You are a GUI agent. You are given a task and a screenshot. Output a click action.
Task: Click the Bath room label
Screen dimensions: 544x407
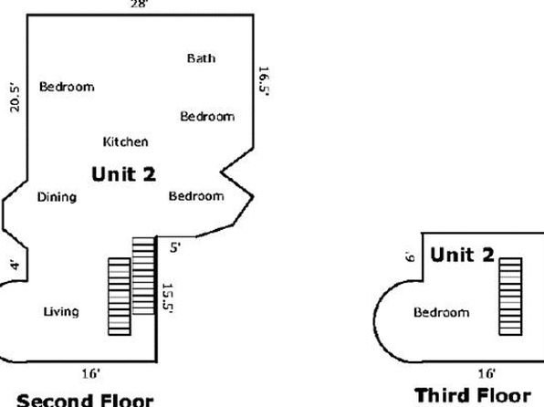tap(201, 57)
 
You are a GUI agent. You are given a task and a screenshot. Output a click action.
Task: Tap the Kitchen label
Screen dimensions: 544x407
tap(126, 141)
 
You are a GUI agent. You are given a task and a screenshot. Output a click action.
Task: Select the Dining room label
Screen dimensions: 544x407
tap(57, 197)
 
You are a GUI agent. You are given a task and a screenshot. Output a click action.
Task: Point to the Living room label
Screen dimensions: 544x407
tap(61, 311)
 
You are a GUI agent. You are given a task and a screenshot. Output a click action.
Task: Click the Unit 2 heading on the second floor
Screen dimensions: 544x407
tap(124, 173)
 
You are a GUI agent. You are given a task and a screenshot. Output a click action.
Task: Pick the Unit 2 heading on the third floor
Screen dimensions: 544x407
tap(462, 255)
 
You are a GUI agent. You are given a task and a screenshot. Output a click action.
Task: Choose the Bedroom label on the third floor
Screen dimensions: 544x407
tap(441, 312)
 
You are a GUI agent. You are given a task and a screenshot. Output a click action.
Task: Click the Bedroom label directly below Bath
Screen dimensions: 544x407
tap(207, 116)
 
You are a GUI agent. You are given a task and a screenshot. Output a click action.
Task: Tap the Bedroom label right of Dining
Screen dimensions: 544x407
tap(196, 196)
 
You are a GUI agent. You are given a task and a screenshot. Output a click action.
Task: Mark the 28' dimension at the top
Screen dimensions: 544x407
tap(140, 5)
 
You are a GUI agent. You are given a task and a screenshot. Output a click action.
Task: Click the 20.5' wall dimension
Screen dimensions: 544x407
tap(15, 98)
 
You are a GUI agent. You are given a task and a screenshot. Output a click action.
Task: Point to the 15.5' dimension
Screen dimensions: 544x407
tap(168, 298)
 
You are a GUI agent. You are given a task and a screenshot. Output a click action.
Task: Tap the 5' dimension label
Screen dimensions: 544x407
tap(175, 247)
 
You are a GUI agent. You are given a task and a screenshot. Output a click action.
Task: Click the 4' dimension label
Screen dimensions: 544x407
tap(16, 265)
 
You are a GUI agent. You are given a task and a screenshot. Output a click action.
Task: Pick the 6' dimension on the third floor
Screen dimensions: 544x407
tap(410, 256)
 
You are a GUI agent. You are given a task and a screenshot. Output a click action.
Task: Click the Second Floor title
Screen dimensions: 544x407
tap(85, 400)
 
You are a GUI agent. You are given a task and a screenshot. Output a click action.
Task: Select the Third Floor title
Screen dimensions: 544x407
tap(473, 395)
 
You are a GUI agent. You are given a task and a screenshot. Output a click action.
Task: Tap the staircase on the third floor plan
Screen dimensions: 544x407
tap(510, 297)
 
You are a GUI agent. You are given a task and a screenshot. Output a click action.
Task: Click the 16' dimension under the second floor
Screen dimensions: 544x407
tap(91, 373)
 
